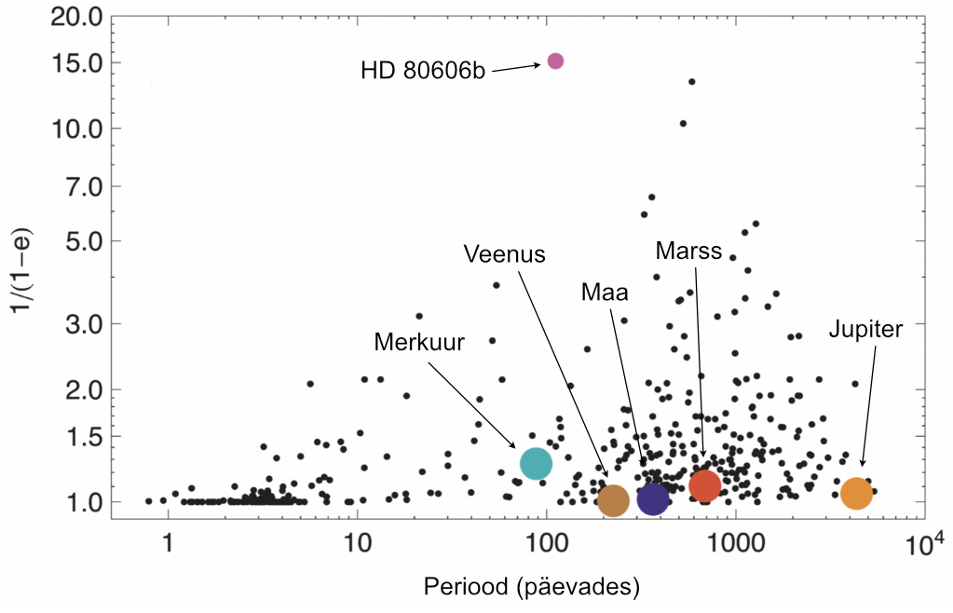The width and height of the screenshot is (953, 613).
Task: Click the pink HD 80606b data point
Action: (555, 61)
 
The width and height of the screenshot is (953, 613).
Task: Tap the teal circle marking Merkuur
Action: (536, 462)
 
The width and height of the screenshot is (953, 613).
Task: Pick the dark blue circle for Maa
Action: (653, 499)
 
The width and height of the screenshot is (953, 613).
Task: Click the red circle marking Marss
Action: (704, 484)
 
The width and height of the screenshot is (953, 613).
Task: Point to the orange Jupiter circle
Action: (856, 494)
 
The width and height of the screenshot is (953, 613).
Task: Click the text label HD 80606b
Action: (423, 71)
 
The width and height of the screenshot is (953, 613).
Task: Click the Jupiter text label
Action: (865, 329)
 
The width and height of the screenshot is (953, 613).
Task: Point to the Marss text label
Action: (688, 251)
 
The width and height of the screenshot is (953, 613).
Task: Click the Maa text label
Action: (604, 293)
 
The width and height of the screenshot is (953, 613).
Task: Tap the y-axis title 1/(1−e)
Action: (20, 276)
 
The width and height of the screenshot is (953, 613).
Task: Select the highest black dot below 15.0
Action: (691, 81)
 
